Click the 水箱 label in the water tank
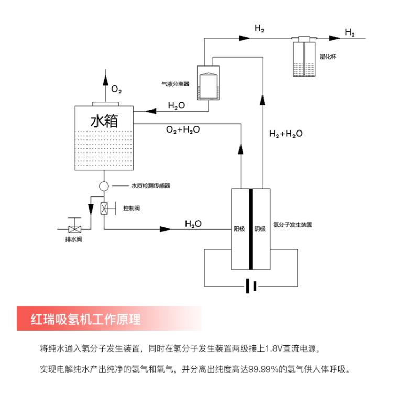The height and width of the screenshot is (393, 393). click(104, 122)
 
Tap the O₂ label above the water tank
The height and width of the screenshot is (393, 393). click(116, 91)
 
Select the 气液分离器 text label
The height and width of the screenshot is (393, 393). click(175, 83)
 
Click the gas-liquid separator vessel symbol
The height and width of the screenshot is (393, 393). click(209, 83)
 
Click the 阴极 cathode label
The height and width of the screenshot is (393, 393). click(260, 228)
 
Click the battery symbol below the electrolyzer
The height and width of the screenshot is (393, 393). click(251, 286)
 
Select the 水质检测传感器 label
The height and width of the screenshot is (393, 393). click(150, 185)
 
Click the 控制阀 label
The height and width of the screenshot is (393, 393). click(132, 209)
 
